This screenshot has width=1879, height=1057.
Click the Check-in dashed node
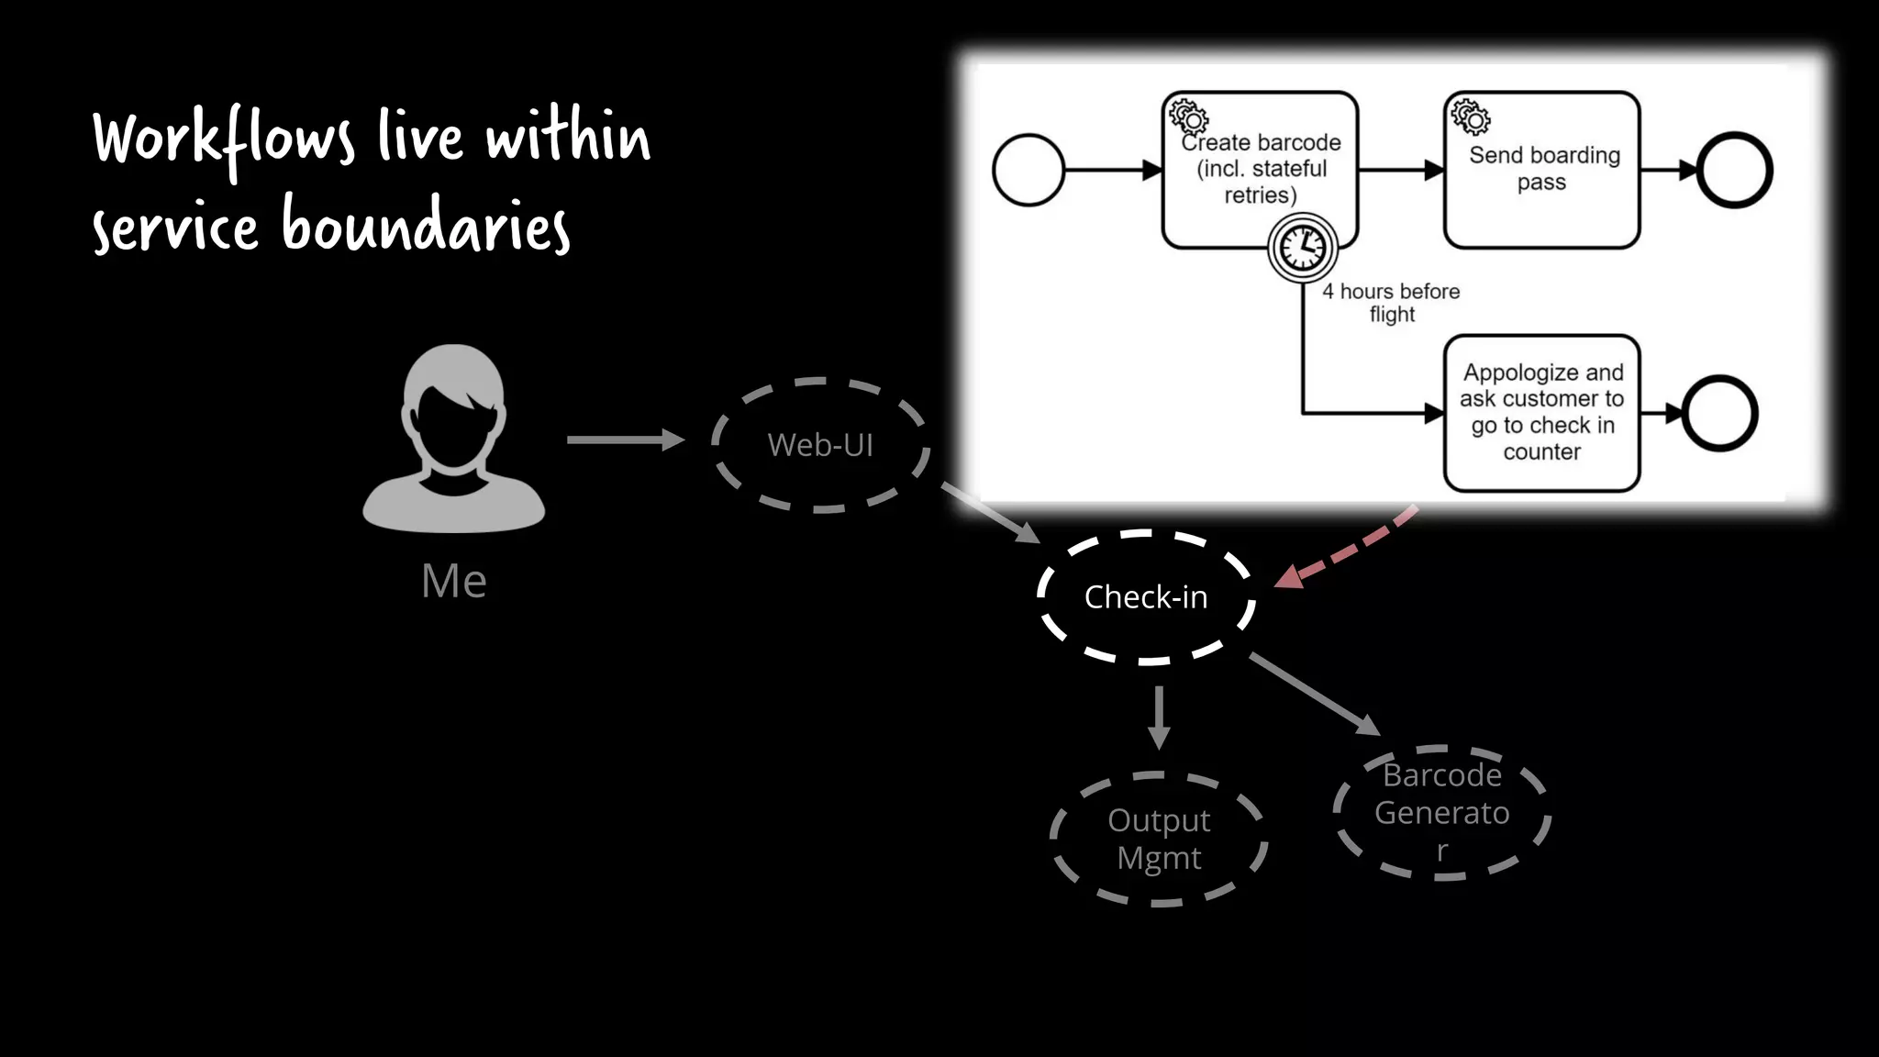(x=1146, y=596)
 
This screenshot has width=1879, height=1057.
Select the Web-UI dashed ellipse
(x=820, y=445)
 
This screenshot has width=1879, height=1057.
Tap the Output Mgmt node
(x=1159, y=839)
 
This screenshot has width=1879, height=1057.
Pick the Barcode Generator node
(x=1441, y=813)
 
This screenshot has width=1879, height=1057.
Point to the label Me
(x=454, y=581)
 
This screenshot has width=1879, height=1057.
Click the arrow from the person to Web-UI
(x=625, y=440)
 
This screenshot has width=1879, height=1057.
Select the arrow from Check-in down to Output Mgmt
(x=1160, y=717)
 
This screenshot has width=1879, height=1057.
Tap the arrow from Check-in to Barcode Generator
(x=1315, y=694)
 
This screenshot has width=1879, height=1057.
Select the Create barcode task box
(x=1260, y=169)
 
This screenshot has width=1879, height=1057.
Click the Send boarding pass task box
(x=1542, y=170)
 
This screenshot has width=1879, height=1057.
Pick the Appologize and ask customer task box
(x=1542, y=413)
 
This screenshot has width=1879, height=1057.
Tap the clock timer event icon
(x=1302, y=248)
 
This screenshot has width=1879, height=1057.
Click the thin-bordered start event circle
(x=1028, y=170)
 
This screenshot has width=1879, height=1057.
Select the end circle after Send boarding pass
(x=1734, y=170)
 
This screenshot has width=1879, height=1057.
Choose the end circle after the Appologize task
(x=1720, y=413)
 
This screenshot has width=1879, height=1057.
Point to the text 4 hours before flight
(x=1391, y=303)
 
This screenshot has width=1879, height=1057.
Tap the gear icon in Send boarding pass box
(x=1470, y=117)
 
